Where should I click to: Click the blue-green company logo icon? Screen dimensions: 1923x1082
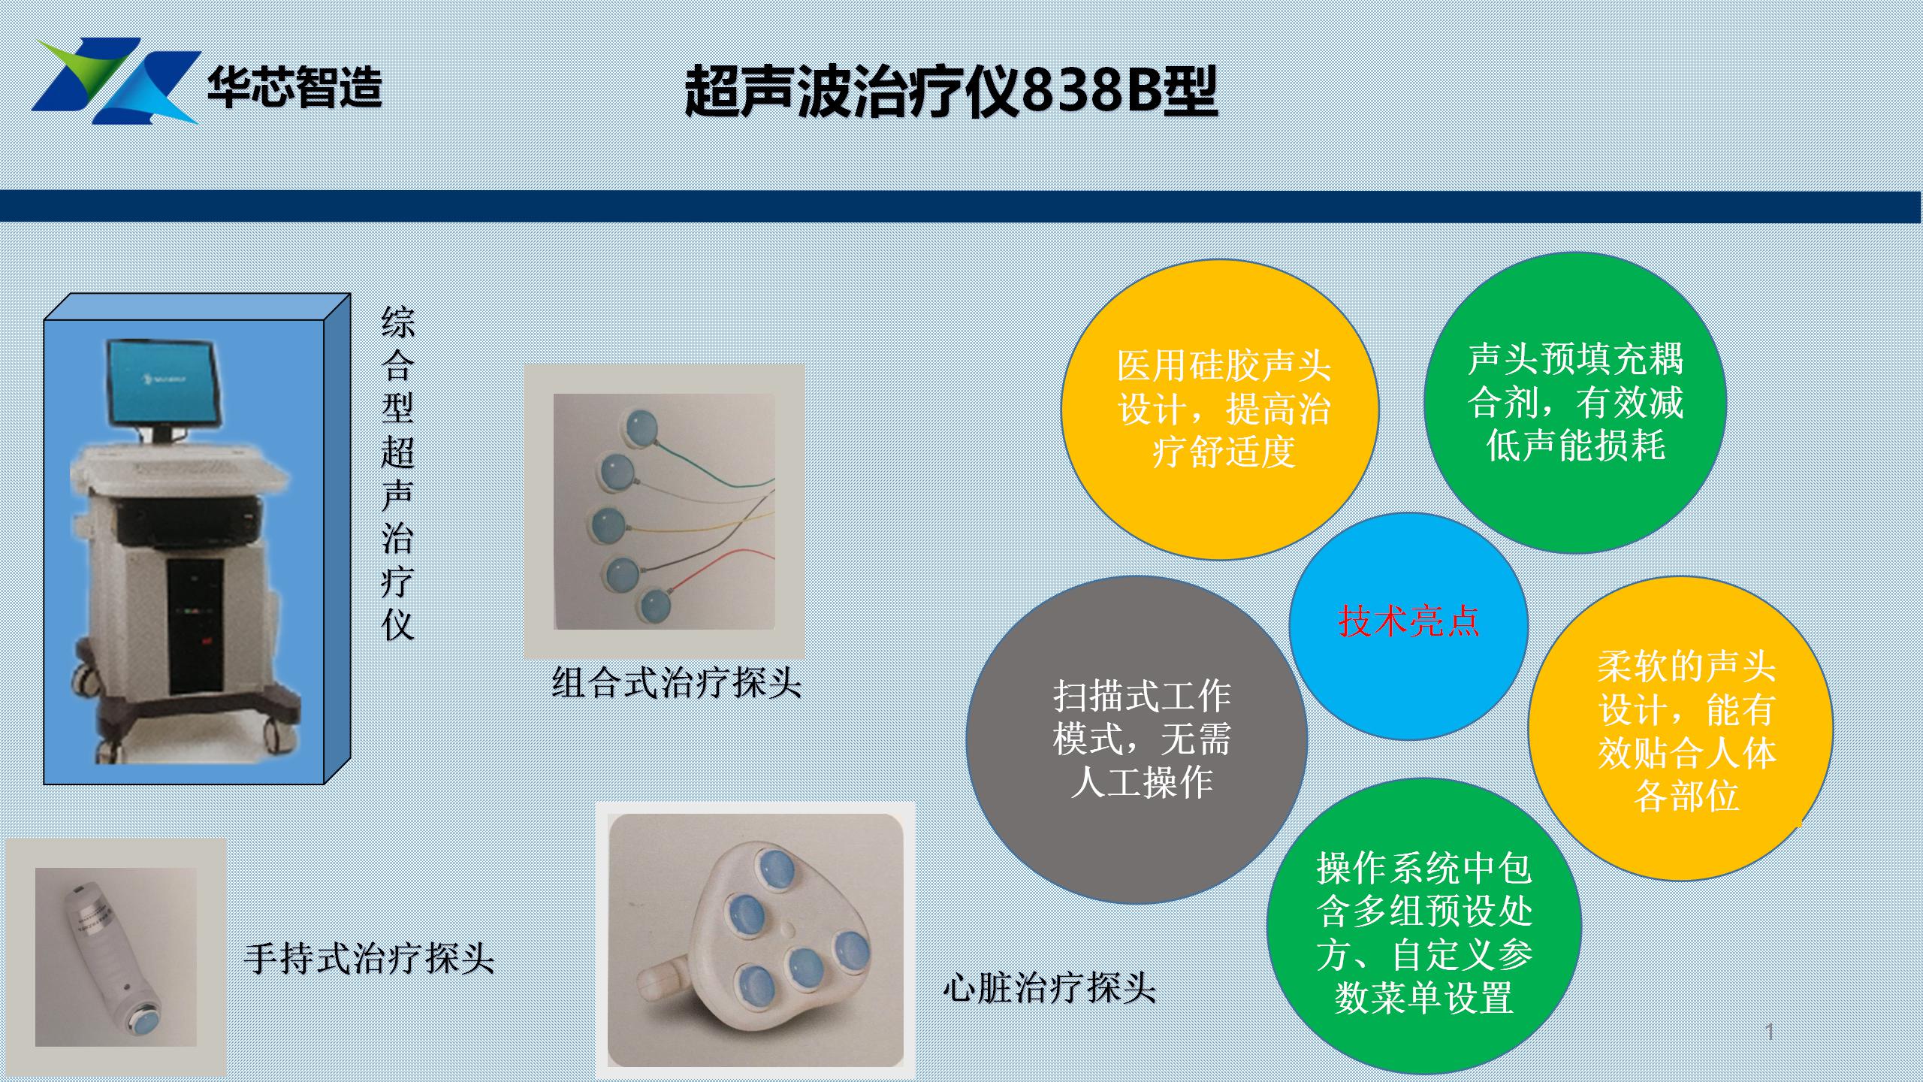click(x=116, y=80)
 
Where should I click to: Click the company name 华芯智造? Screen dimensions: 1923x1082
click(x=295, y=88)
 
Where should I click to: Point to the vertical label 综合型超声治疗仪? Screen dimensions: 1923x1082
click(x=397, y=473)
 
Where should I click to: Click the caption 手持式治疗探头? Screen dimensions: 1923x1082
click(x=369, y=959)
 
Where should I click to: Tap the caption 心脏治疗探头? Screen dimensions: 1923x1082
click(x=1049, y=987)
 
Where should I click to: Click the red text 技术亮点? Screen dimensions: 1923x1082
click(x=1408, y=621)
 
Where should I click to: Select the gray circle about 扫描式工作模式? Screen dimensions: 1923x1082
click(x=1137, y=739)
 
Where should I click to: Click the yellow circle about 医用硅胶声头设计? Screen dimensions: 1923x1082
click(x=1220, y=410)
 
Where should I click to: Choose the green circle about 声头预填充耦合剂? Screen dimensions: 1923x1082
click(x=1575, y=403)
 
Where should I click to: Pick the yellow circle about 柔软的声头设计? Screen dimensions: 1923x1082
click(x=1681, y=728)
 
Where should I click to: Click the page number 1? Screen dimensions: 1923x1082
click(x=1770, y=1032)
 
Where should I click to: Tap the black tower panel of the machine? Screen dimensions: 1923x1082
click(x=195, y=626)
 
